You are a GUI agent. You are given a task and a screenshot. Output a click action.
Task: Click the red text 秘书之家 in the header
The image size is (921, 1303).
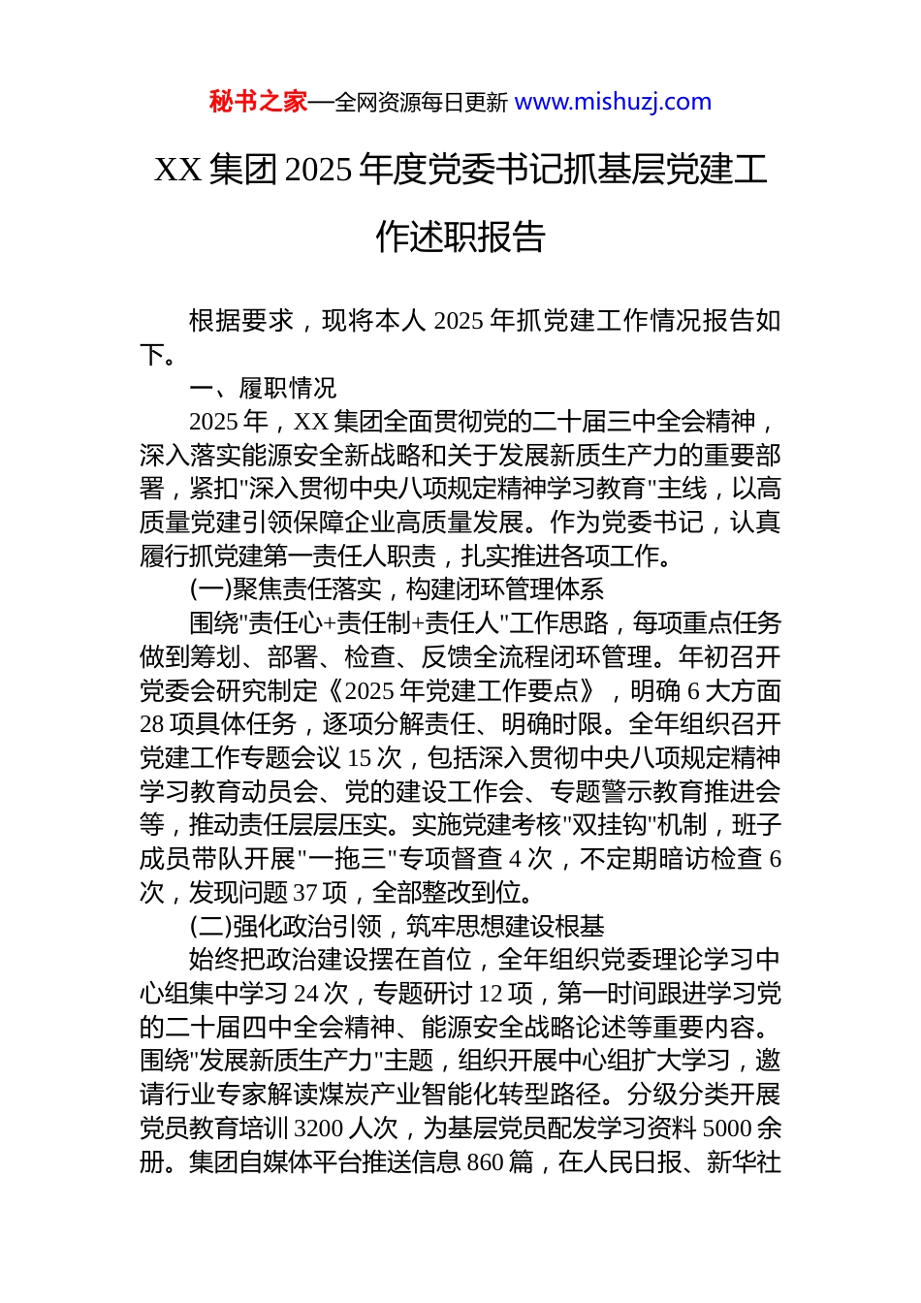(258, 102)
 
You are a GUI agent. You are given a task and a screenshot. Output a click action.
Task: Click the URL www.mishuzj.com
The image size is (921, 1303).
(613, 102)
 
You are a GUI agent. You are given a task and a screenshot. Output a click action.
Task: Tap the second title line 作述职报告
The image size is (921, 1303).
(460, 237)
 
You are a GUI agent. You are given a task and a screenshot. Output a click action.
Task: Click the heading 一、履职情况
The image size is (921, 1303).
(263, 389)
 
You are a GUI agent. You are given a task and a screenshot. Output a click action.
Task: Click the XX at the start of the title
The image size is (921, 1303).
(177, 171)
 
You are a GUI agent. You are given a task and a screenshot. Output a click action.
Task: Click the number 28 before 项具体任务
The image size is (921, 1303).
(152, 724)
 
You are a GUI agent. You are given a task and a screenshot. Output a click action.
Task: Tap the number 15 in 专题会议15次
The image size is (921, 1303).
(359, 758)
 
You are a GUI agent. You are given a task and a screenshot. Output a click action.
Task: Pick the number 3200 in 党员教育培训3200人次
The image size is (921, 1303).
(318, 1128)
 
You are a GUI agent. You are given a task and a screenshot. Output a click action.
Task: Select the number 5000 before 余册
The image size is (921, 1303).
(727, 1128)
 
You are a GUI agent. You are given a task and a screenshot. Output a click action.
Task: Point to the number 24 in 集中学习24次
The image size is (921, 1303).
(306, 994)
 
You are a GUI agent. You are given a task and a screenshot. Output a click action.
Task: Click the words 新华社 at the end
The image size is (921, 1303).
(745, 1161)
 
